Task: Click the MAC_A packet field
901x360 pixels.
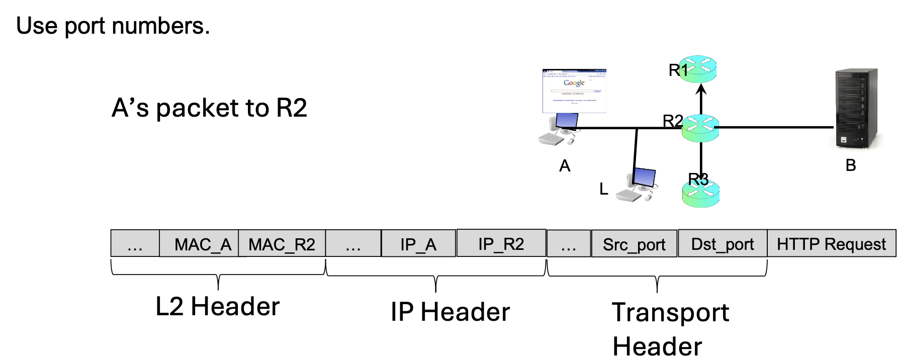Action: pos(199,244)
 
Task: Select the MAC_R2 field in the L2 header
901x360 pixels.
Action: pos(282,244)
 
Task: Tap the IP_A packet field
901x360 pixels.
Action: pos(418,244)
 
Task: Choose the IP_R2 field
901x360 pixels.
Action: pos(501,243)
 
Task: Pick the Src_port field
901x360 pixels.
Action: pos(634,244)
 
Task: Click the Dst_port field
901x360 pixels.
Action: pos(723,244)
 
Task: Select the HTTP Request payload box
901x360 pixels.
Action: pos(831,244)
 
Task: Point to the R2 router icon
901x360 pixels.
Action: pos(700,128)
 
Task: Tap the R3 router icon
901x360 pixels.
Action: pos(701,193)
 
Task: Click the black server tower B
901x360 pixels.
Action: pos(856,108)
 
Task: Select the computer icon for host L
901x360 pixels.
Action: pos(638,185)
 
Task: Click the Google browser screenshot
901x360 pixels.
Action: pos(574,91)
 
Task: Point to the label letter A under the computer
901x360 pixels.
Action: pos(565,166)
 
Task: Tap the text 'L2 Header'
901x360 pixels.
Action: pos(217,306)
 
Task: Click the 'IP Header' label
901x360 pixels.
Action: pos(450,312)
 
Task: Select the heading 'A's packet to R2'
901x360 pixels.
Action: pos(209,108)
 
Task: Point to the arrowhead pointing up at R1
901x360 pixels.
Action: pos(701,90)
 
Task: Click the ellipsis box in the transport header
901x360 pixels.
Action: pos(568,244)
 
